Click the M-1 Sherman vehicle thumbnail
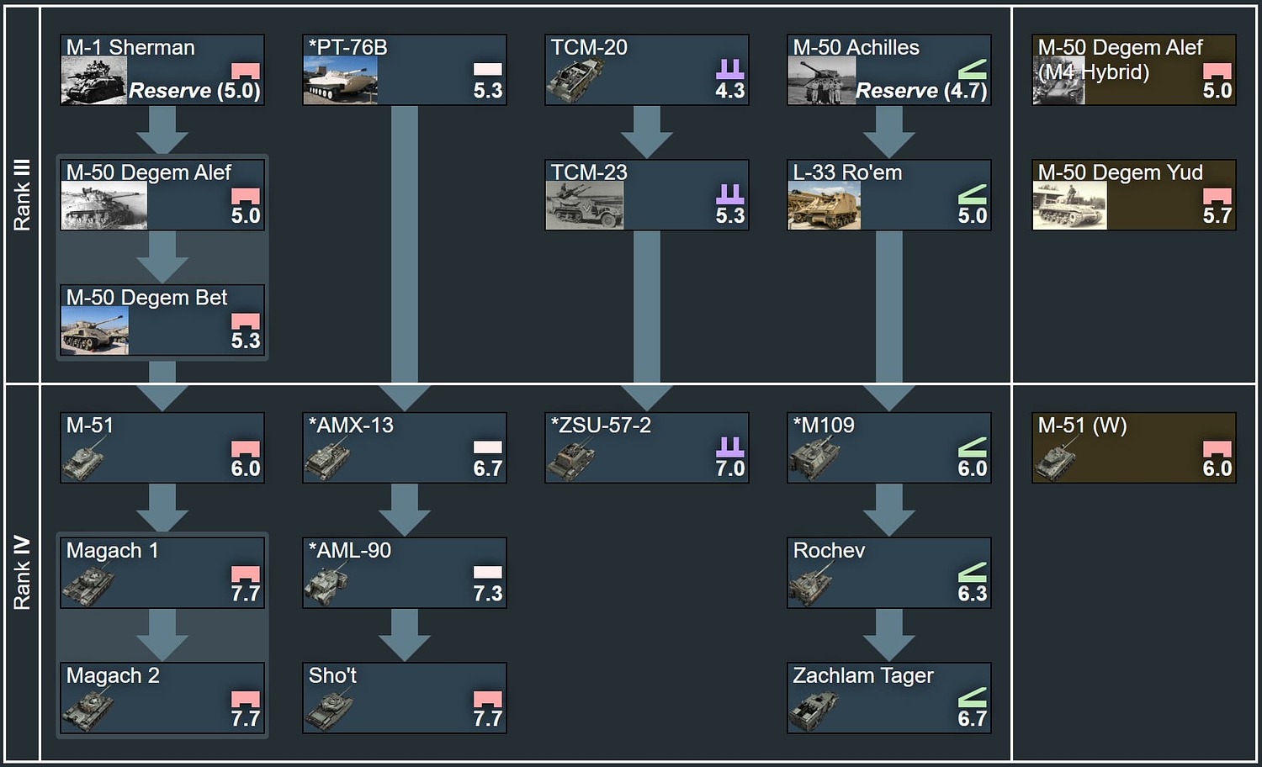pos(94,81)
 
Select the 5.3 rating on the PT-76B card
pos(487,91)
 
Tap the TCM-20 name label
pos(589,48)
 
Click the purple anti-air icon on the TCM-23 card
pos(729,194)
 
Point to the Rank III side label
pos(22,194)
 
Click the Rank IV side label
pos(22,573)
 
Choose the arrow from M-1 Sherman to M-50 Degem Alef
pos(162,130)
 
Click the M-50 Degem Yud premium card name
pos(1120,172)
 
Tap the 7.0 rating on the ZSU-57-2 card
pos(729,468)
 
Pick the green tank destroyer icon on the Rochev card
pos(972,573)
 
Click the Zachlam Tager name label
pos(863,675)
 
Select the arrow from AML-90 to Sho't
pos(405,635)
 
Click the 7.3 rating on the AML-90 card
pos(487,593)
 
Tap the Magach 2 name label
pos(113,675)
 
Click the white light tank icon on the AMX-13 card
pos(487,447)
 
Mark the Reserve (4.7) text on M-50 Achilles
pos(920,91)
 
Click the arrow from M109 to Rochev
pos(889,510)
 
